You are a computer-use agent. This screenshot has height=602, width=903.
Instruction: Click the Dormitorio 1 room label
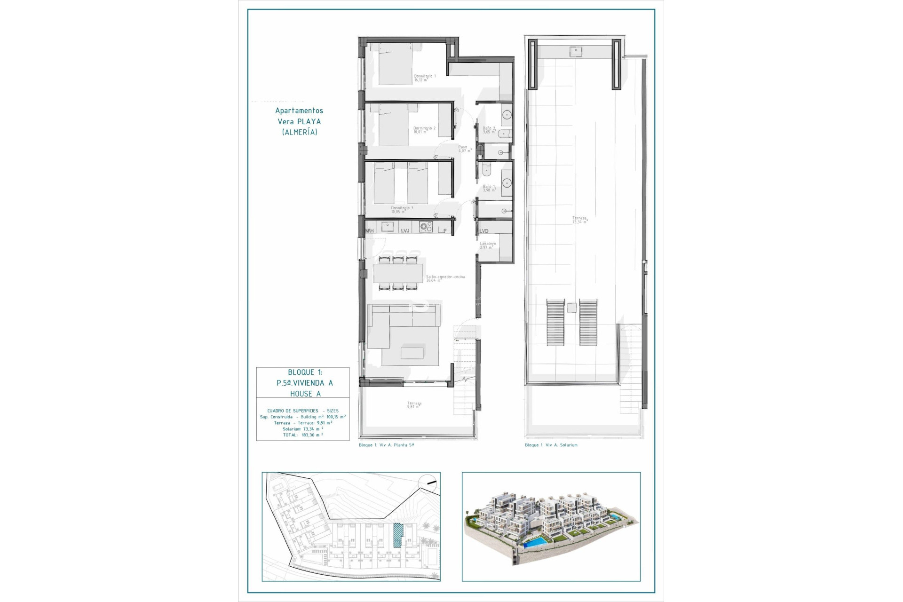tap(424, 78)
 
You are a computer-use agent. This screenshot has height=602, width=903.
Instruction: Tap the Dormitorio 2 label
tap(424, 130)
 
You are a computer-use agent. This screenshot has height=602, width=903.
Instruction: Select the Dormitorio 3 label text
tap(402, 209)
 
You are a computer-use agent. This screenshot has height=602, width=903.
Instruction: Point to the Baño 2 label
tap(489, 130)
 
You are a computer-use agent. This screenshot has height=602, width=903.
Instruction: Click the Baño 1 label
tap(489, 188)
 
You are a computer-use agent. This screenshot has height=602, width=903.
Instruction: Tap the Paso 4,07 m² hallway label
tap(464, 149)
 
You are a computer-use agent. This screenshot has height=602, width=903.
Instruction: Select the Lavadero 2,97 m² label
tap(487, 246)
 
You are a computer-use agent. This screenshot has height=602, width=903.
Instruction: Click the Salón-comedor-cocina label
tap(445, 278)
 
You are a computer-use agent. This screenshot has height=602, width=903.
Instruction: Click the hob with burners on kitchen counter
tap(426, 227)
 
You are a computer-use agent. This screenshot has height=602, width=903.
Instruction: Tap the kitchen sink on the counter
tap(388, 227)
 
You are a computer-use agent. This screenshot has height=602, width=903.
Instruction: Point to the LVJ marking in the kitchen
tap(405, 230)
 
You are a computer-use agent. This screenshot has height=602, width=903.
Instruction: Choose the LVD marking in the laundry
tap(483, 231)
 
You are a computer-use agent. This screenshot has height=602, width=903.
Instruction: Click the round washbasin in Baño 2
tap(507, 115)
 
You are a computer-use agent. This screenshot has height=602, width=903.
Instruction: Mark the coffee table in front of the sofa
tap(412, 353)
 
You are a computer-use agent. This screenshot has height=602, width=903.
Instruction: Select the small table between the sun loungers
tap(571, 308)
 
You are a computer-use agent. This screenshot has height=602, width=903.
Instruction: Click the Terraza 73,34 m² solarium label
tap(579, 220)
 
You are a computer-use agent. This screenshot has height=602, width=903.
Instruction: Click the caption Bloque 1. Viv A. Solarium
tap(551, 445)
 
